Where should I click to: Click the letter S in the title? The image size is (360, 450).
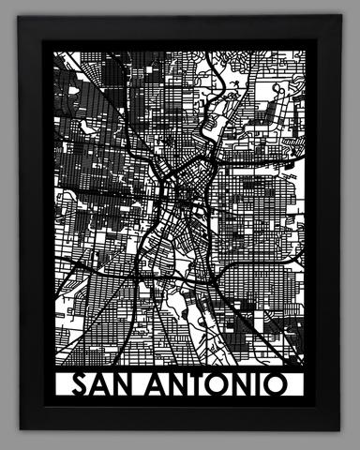81,385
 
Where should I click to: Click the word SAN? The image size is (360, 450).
103,385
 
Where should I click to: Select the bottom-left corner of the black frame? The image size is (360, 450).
20,429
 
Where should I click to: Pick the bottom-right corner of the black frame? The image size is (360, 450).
339,429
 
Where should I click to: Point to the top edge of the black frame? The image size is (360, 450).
180,29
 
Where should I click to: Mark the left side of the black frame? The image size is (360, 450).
30,225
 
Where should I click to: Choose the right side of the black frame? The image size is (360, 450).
329,225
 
